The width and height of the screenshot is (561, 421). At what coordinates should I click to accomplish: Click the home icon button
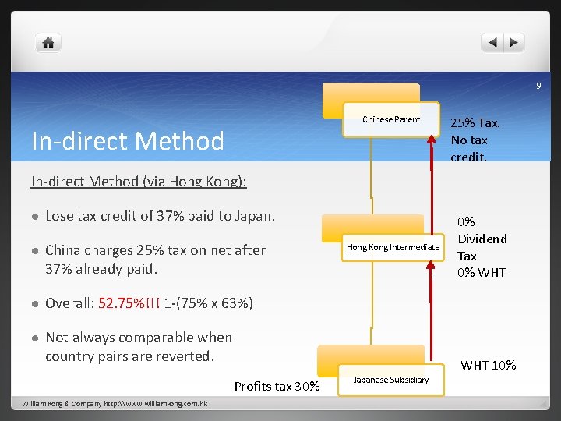click(48, 43)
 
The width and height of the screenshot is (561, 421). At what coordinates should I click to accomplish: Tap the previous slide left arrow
click(492, 43)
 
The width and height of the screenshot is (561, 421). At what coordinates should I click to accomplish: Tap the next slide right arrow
click(515, 43)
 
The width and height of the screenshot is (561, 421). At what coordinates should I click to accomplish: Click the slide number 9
click(538, 86)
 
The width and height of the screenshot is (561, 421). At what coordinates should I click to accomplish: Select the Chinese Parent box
click(390, 119)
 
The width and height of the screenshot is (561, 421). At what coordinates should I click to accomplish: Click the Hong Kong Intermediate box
click(393, 247)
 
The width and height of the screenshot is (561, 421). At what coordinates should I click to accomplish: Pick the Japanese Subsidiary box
click(390, 380)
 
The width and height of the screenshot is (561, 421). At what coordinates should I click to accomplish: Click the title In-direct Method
click(127, 141)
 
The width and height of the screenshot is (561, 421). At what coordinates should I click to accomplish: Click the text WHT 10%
click(488, 365)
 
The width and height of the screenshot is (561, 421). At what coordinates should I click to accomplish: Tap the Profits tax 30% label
click(277, 386)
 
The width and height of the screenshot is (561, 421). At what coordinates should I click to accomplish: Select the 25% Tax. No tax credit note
click(475, 140)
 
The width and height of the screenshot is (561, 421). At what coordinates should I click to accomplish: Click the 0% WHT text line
click(482, 272)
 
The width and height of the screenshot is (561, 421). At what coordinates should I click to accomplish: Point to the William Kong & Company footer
click(115, 404)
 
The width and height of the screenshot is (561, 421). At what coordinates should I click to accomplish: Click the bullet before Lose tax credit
click(35, 216)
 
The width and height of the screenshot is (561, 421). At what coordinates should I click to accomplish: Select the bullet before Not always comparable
click(35, 338)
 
